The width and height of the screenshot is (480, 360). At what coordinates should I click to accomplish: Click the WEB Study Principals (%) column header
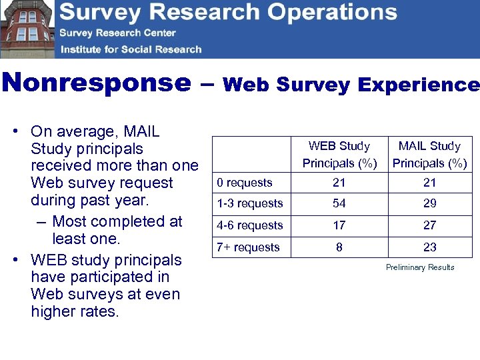pos(339,154)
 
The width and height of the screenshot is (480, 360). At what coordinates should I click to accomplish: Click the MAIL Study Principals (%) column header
pos(429,154)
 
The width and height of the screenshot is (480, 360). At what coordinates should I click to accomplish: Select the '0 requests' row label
pos(245,183)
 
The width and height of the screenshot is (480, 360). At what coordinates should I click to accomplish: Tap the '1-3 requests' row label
pos(250,203)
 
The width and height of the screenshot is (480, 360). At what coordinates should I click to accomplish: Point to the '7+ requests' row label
pos(248,247)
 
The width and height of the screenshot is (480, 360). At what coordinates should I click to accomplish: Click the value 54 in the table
pos(339,203)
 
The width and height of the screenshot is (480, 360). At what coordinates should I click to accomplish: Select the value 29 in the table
pos(430,203)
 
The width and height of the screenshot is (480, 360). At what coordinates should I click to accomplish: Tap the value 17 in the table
pos(339,225)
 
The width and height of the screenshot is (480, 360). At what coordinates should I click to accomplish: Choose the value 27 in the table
pos(430,225)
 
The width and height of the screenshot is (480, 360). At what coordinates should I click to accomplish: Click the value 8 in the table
pos(339,247)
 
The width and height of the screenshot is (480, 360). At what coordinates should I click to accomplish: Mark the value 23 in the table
pos(430,247)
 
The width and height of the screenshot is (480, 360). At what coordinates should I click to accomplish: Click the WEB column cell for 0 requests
pos(339,183)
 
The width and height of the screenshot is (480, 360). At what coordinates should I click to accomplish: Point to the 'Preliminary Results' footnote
pos(420,267)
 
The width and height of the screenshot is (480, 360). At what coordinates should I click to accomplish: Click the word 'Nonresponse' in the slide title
pos(96,84)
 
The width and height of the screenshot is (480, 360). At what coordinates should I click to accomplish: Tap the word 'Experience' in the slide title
pos(419,85)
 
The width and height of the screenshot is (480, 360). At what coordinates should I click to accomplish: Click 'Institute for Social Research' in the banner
pos(131,49)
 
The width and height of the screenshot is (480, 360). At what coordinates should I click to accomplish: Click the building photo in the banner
pos(27,29)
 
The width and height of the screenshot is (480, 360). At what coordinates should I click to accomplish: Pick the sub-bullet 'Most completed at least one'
pos(117,230)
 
